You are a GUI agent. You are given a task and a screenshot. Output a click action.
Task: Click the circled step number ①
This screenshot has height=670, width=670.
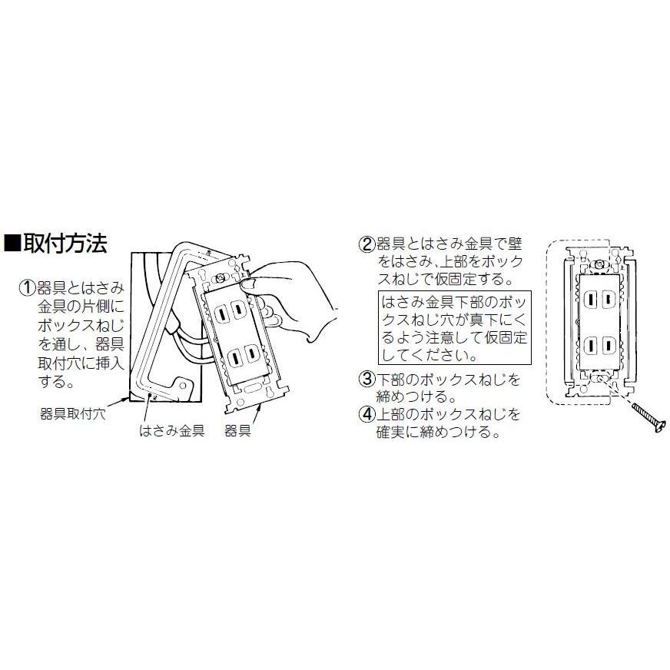[27, 289]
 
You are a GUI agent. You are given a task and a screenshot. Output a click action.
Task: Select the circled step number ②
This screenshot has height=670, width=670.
[367, 245]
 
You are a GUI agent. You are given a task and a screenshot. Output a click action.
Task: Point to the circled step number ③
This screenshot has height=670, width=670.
[367, 380]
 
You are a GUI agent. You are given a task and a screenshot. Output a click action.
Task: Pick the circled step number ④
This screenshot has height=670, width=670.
[367, 416]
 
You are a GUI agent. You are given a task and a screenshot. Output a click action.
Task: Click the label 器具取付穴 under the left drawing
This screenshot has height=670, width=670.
[72, 413]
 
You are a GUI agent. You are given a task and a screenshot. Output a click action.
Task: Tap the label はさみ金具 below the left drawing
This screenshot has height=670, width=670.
[171, 431]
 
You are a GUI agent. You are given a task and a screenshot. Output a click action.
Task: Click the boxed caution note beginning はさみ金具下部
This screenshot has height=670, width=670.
[453, 327]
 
